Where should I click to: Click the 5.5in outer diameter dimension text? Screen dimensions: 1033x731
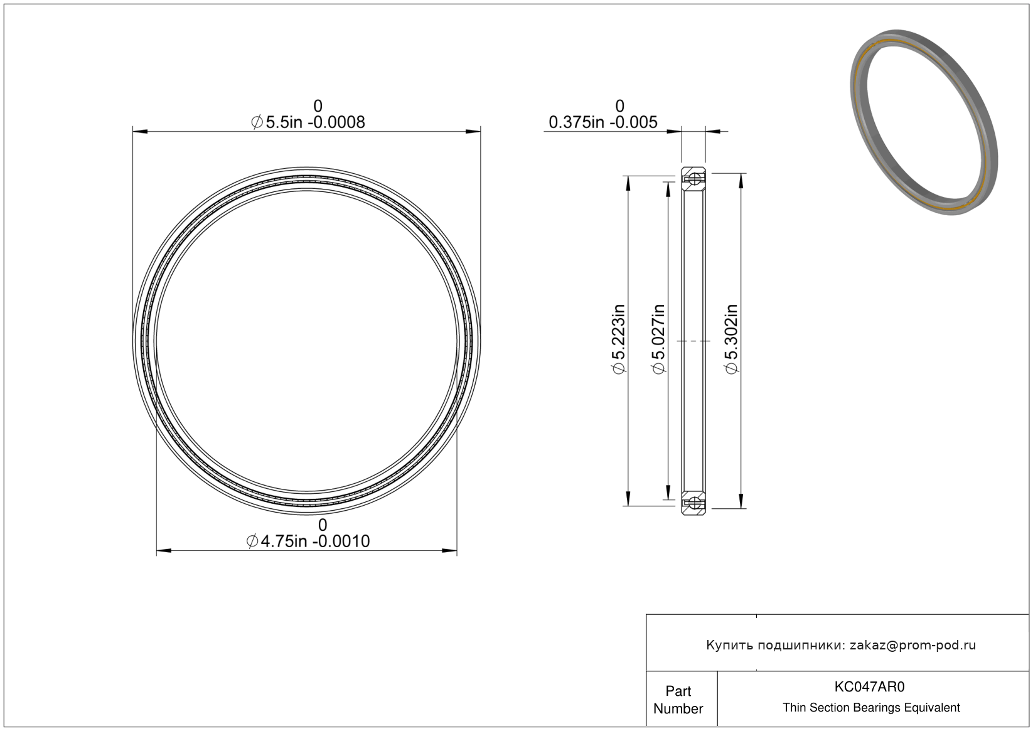pyautogui.click(x=308, y=122)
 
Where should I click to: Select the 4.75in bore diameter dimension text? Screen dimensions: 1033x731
pyautogui.click(x=308, y=541)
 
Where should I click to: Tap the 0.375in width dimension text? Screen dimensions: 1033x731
pyautogui.click(x=602, y=122)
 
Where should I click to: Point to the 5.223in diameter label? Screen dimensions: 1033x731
pyautogui.click(x=618, y=339)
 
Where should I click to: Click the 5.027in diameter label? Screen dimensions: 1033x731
pyautogui.click(x=658, y=339)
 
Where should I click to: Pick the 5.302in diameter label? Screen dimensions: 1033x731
pyautogui.click(x=731, y=339)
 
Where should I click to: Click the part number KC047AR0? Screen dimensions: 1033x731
pyautogui.click(x=869, y=686)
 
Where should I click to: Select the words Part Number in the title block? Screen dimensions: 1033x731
pyautogui.click(x=678, y=700)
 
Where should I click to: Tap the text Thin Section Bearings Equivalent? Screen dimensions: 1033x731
pyautogui.click(x=871, y=708)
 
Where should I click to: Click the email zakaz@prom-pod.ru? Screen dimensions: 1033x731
pyautogui.click(x=913, y=645)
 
